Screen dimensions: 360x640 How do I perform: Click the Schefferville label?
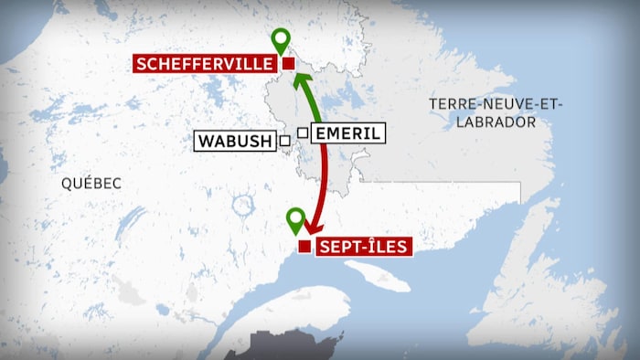tap(205, 64)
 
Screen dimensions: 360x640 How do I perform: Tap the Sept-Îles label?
tap(363, 246)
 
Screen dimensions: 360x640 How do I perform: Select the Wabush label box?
tap(234, 141)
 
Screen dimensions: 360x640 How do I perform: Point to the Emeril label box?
tap(347, 133)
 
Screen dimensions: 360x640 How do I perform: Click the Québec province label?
tap(91, 183)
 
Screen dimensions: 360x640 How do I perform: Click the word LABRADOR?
tap(496, 122)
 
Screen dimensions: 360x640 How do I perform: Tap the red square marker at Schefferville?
tap(288, 64)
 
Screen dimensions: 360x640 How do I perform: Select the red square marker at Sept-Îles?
tap(304, 246)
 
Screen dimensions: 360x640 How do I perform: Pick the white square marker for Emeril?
tap(302, 132)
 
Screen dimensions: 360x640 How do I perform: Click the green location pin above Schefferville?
tap(281, 40)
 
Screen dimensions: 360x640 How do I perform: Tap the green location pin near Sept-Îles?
tap(294, 220)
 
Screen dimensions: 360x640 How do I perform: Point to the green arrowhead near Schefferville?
tap(297, 81)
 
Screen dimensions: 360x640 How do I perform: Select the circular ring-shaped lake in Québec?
tap(244, 206)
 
